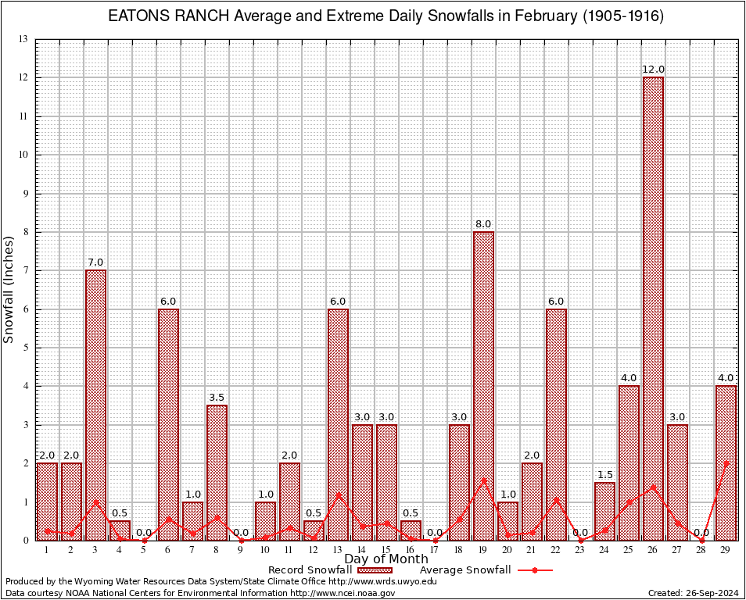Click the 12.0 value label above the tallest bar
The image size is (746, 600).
tap(653, 70)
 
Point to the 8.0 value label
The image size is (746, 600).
tap(483, 224)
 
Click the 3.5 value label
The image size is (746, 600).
tap(217, 398)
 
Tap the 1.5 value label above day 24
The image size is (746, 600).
tap(604, 475)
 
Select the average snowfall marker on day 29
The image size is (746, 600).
tap(726, 463)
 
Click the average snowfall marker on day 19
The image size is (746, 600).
tap(483, 480)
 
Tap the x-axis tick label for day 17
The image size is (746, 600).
tap(435, 551)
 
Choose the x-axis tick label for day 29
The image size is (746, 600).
tap(726, 551)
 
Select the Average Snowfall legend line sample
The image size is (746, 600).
tap(534, 570)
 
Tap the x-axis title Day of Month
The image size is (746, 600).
tap(386, 559)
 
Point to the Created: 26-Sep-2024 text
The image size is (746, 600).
tap(694, 593)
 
